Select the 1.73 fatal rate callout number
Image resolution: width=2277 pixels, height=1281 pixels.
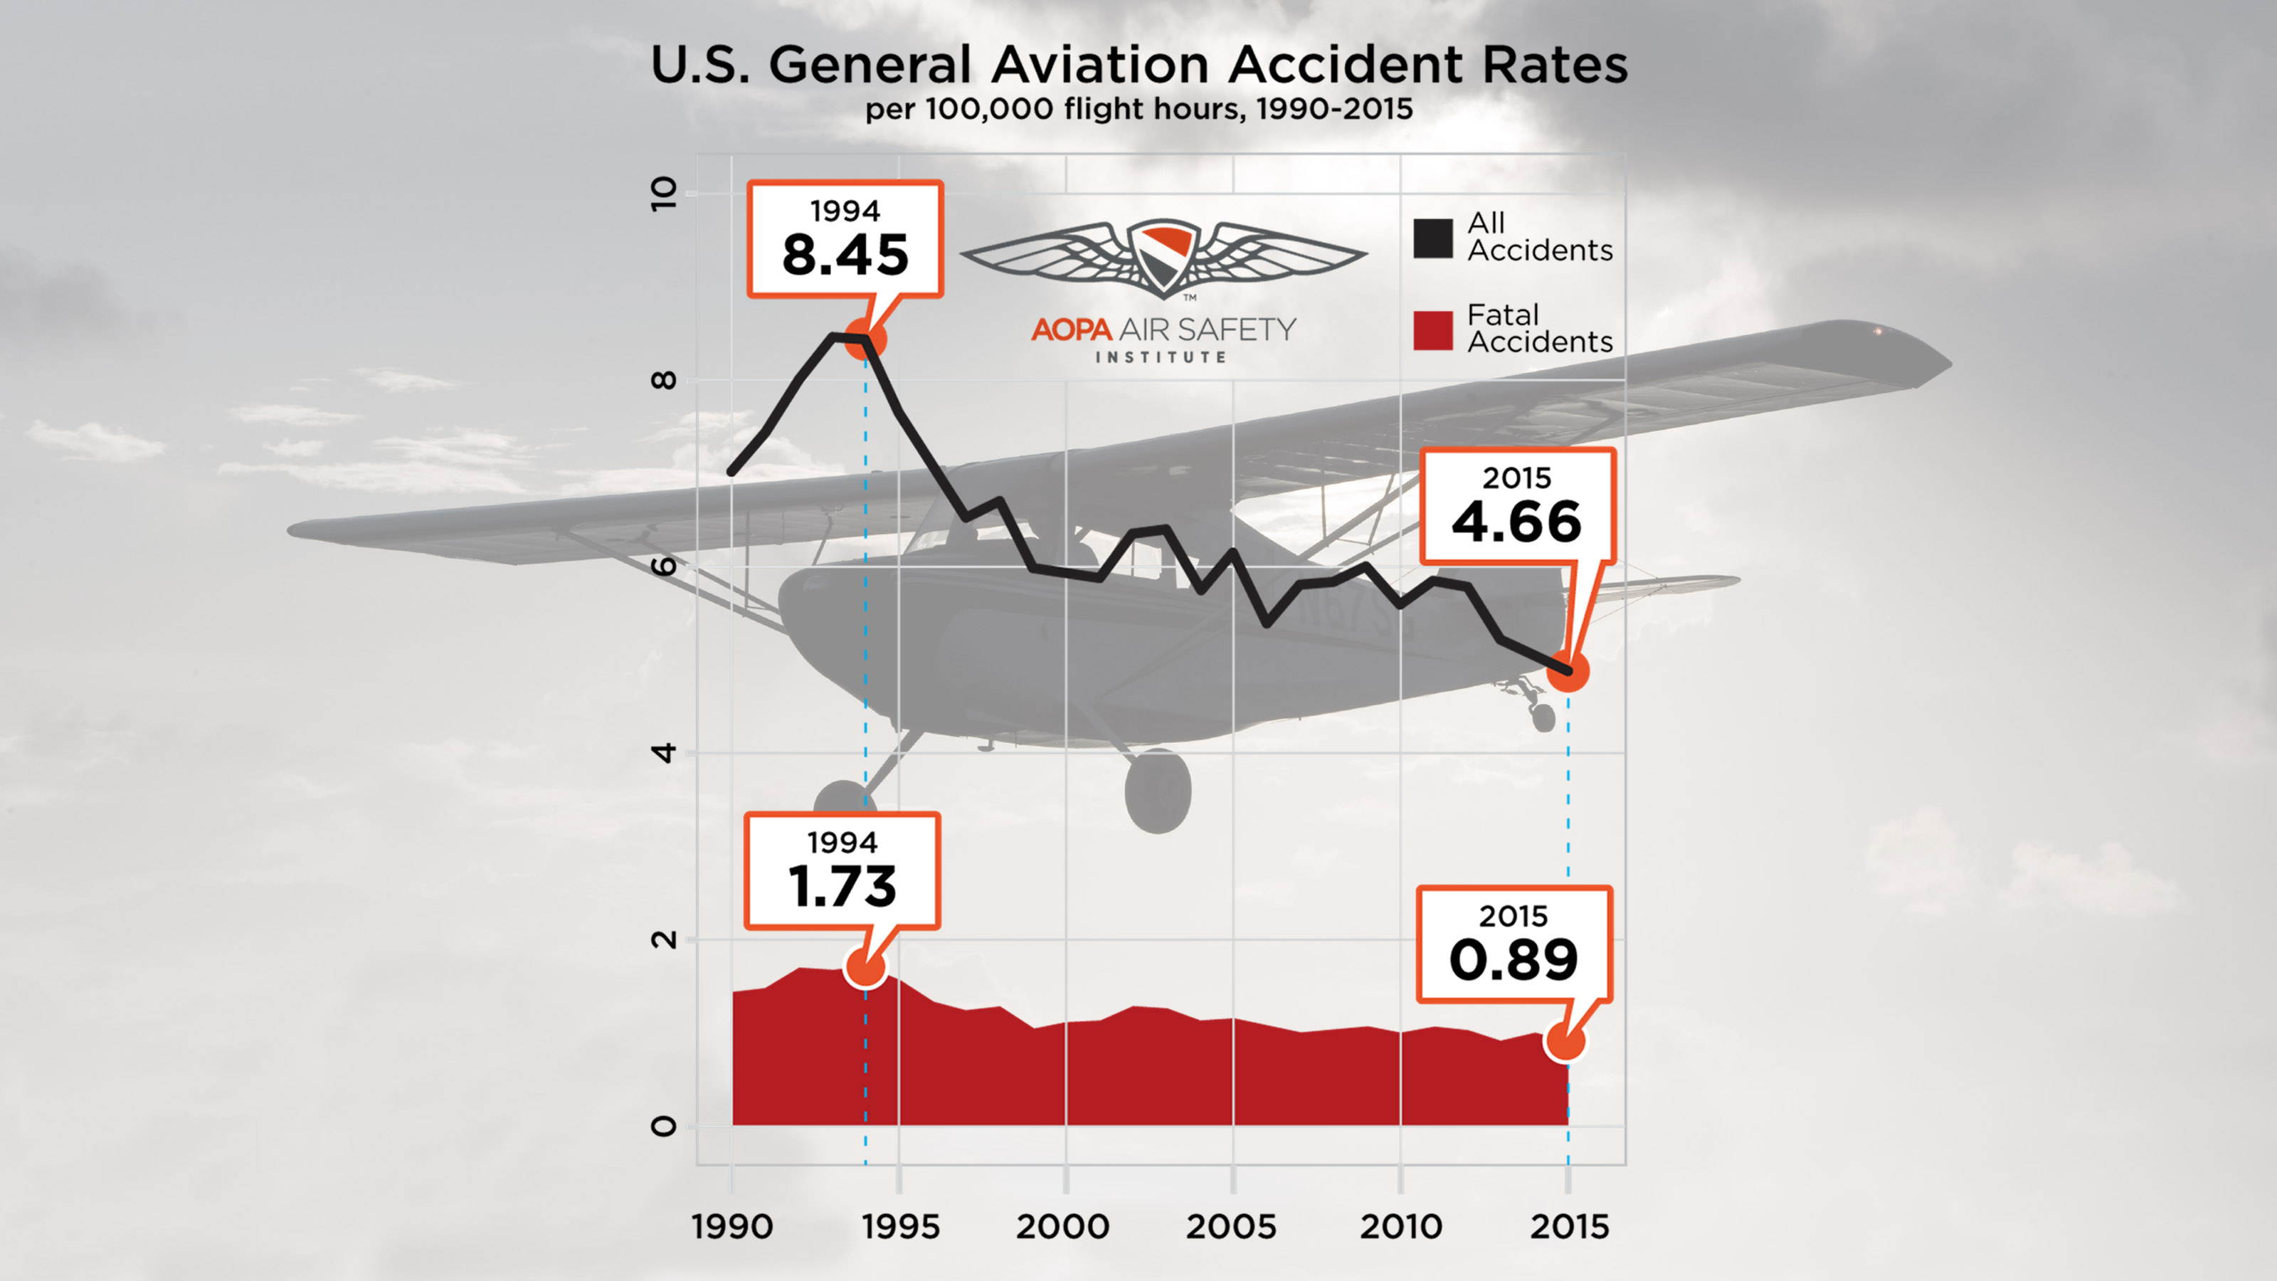click(842, 887)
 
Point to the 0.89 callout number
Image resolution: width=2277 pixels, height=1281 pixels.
click(1513, 960)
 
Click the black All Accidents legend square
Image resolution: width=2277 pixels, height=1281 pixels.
click(1432, 238)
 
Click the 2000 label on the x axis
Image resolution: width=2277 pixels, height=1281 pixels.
click(1062, 1227)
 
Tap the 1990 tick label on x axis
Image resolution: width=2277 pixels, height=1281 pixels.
click(732, 1227)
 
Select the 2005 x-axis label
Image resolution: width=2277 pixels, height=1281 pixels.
click(1230, 1227)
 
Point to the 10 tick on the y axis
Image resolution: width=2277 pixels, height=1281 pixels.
click(663, 194)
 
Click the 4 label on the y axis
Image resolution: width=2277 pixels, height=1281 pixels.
click(663, 753)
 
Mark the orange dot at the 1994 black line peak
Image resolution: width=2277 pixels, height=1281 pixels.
click(865, 339)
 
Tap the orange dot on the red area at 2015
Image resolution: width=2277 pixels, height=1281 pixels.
click(1565, 1041)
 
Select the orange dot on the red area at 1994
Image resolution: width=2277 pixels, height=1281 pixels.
click(865, 967)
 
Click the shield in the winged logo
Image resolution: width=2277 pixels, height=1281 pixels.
click(1163, 256)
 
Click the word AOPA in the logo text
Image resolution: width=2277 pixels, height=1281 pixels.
click(1070, 330)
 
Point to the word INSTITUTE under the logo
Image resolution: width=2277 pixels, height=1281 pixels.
click(1161, 357)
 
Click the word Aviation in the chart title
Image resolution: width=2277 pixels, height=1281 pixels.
click(1099, 65)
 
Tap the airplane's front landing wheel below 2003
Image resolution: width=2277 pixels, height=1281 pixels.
click(1157, 791)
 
